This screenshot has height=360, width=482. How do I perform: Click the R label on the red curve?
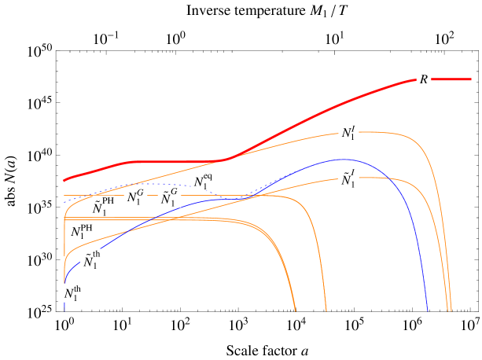[x=424, y=79]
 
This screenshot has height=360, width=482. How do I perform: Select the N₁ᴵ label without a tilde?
[x=348, y=132]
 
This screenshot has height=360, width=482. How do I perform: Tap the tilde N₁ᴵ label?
[x=348, y=178]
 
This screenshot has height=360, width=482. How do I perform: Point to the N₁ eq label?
[x=203, y=182]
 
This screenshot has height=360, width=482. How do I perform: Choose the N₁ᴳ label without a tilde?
[x=136, y=197]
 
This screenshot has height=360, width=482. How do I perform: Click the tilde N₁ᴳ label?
[x=169, y=197]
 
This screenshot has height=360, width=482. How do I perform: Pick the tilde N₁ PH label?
[x=103, y=207]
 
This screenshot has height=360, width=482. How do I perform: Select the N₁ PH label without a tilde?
[x=82, y=231]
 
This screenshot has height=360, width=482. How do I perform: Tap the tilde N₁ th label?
[x=92, y=259]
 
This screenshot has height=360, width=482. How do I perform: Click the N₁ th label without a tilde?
[x=73, y=292]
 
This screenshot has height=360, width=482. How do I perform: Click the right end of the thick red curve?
[x=470, y=79]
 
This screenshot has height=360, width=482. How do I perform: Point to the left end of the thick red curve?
[x=64, y=180]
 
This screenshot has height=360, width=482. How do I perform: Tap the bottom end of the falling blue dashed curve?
[x=429, y=310]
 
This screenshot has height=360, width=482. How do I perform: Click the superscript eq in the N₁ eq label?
[x=208, y=178]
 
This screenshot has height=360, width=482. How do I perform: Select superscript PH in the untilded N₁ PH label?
[x=86, y=227]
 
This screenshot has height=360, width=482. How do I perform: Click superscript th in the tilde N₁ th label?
[x=97, y=255]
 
